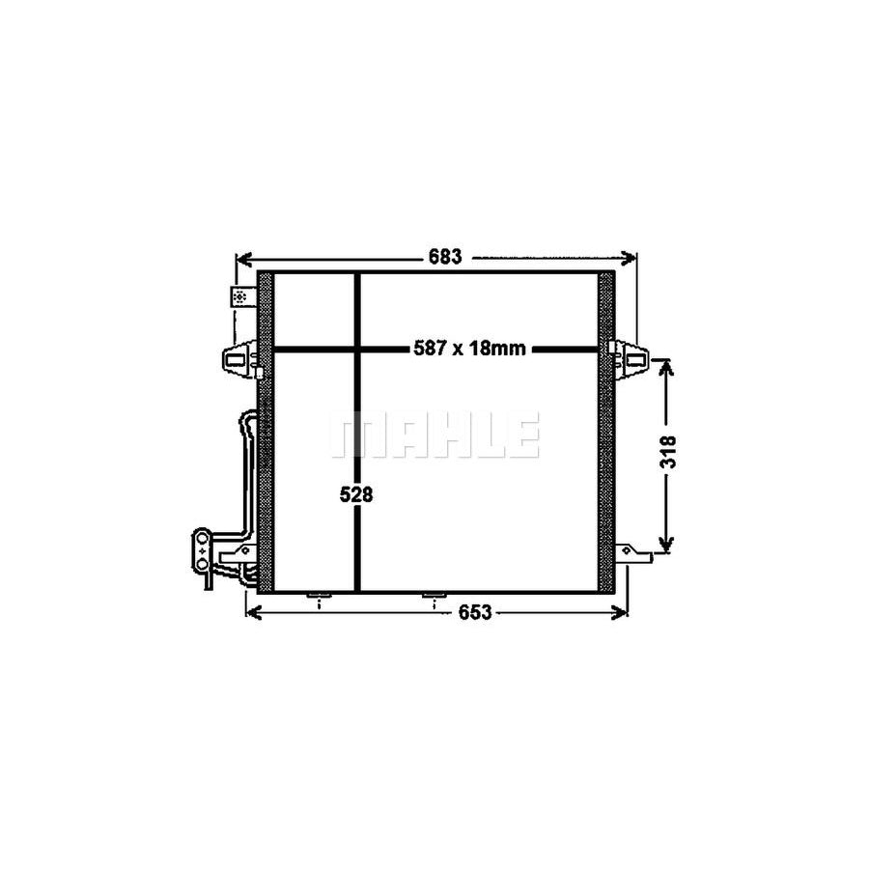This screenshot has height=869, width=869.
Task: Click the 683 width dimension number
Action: (445, 257)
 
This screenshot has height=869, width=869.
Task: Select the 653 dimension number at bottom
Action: (475, 612)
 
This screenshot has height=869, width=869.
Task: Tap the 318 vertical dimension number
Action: (669, 453)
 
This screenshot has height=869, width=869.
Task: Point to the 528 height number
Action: (356, 494)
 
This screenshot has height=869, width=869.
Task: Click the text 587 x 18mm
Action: (469, 349)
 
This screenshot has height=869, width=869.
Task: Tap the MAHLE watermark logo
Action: (435, 434)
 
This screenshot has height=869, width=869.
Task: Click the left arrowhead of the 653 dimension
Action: (253, 612)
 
